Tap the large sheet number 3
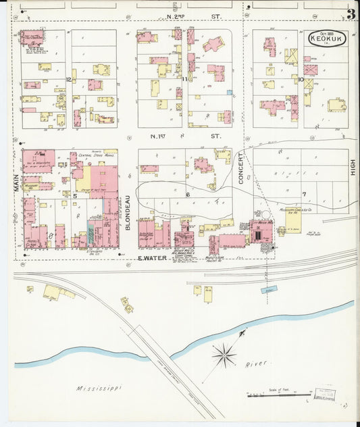tap(351, 14)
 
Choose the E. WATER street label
tap(151, 258)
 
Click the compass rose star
tap(224, 353)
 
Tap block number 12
tap(69, 79)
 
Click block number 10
tap(300, 79)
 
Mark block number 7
tap(304, 195)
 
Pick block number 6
tap(188, 195)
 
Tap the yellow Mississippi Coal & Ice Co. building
tap(292, 221)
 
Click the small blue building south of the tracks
tap(269, 289)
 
